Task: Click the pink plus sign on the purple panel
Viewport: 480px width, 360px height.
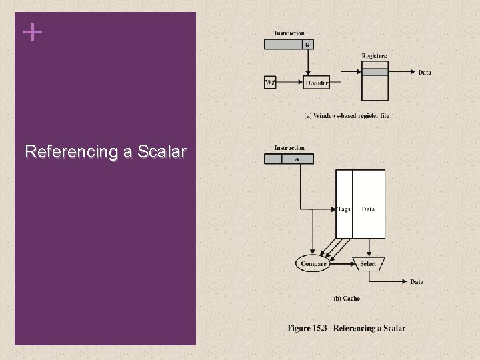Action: [x=32, y=32]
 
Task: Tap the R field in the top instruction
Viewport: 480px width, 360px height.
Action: [x=308, y=45]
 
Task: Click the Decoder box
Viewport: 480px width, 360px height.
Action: [x=317, y=83]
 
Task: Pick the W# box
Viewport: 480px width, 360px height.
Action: [x=271, y=83]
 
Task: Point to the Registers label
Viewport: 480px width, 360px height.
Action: [x=374, y=56]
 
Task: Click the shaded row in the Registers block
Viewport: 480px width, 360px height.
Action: [x=374, y=71]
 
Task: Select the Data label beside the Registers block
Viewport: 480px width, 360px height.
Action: [x=425, y=72]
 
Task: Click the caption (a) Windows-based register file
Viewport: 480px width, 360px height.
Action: [x=347, y=115]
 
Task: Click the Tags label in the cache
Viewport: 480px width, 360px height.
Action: [x=344, y=209]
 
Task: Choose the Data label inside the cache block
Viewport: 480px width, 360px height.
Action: [x=368, y=209]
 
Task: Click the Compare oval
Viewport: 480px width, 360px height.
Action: [x=313, y=264]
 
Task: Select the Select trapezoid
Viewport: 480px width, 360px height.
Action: [x=368, y=264]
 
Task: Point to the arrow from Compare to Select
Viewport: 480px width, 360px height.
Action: [x=341, y=264]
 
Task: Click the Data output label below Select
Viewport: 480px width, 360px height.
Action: [x=417, y=282]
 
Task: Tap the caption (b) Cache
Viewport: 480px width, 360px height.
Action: [x=346, y=299]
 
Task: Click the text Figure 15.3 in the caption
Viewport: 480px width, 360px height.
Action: [x=308, y=328]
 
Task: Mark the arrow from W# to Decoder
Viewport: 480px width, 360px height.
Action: [x=290, y=83]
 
